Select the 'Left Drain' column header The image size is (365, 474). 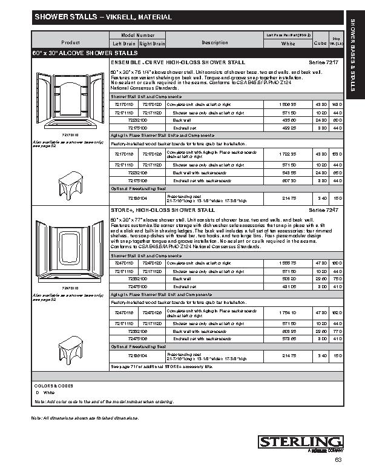coord(125,44)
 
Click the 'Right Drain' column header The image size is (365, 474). coord(152,44)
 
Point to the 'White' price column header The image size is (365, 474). coord(288,44)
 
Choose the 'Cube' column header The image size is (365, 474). coord(320,44)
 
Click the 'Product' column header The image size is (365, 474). coord(70,42)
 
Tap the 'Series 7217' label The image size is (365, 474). coord(321,62)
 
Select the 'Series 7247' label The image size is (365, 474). coord(321,209)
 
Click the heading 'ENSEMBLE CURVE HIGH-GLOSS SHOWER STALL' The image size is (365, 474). coord(177,62)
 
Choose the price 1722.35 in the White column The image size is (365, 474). coord(288,154)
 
